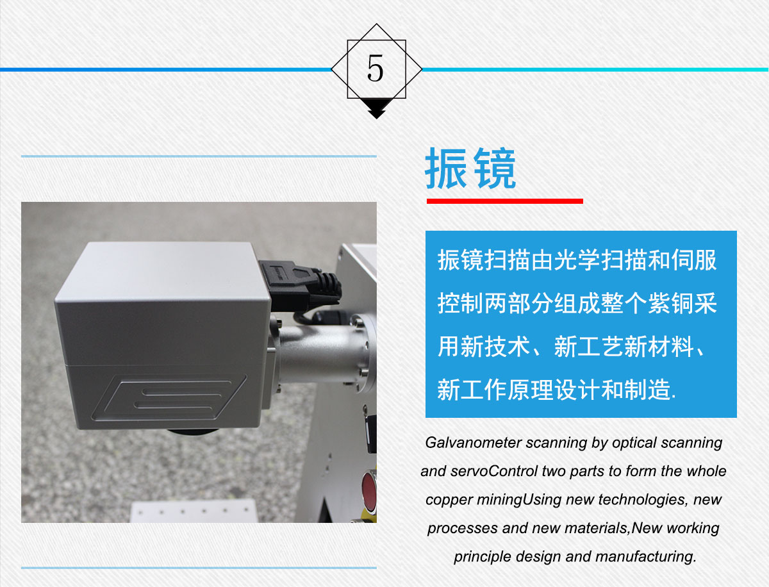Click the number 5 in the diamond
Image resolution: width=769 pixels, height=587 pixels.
(x=376, y=68)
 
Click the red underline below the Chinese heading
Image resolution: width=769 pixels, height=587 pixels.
(x=504, y=201)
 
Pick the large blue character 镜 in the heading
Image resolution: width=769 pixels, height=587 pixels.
(x=494, y=168)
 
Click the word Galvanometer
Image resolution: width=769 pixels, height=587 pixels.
(x=473, y=443)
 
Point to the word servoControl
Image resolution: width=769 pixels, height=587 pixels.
(x=494, y=471)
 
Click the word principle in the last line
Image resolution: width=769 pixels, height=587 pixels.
(x=483, y=557)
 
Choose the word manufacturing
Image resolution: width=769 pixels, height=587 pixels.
(x=645, y=557)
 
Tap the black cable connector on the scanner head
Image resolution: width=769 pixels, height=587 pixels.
(x=300, y=284)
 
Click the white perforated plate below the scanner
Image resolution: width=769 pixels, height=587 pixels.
(x=194, y=511)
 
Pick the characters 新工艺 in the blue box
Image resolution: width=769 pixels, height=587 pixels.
(x=588, y=347)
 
